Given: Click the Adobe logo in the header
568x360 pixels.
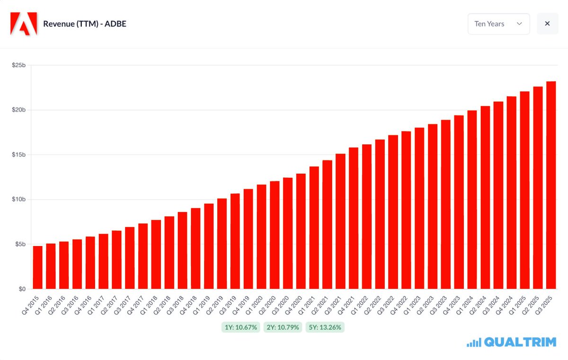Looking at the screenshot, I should [24, 24].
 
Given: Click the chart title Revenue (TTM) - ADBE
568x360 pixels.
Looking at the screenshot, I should [84, 24].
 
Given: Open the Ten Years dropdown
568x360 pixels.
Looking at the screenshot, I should [498, 24].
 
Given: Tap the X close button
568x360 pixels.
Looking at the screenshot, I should [547, 24].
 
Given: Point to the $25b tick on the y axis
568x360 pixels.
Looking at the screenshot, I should [18, 65].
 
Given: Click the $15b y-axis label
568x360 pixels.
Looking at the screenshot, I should [18, 155].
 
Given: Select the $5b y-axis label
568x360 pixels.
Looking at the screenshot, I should [19, 244].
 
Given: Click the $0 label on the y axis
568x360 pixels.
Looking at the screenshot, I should [22, 289].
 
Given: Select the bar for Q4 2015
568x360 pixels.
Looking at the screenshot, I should [37, 267].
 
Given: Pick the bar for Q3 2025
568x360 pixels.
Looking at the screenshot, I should [550, 185].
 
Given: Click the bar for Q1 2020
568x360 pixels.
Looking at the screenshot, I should [261, 237].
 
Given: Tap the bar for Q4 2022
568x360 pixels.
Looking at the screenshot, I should [406, 210].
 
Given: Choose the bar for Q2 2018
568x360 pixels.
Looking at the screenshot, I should [169, 253].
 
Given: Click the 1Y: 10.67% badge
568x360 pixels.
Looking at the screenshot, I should [240, 327].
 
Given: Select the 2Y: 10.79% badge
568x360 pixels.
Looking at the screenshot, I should [283, 327].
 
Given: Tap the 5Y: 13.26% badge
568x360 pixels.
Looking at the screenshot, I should [325, 327].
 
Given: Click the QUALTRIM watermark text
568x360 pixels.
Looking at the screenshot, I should [519, 342].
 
